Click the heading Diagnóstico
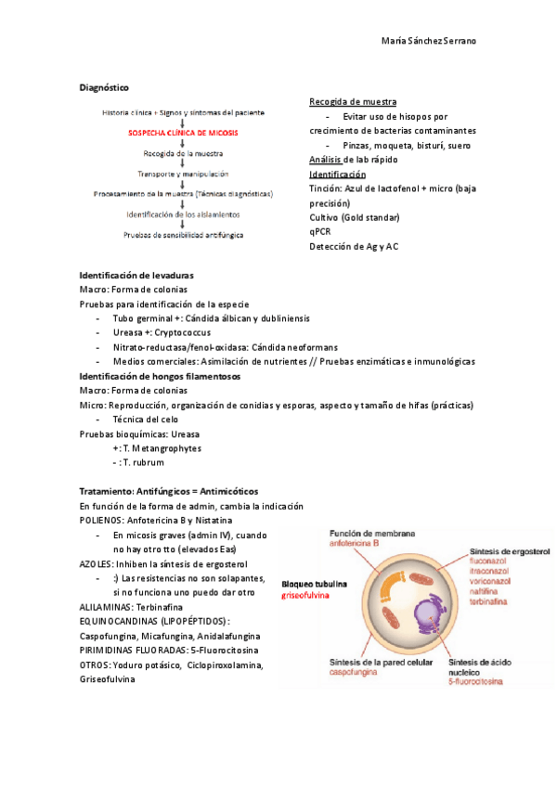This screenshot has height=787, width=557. [104, 86]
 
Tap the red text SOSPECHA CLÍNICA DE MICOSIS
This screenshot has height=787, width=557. [183, 133]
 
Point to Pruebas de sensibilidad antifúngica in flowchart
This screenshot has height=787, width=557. [183, 235]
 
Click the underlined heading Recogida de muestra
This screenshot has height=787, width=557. [353, 101]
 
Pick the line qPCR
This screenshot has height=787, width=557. [320, 232]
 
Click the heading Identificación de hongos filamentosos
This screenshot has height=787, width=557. [160, 376]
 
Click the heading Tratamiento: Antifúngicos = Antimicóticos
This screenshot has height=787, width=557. [169, 490]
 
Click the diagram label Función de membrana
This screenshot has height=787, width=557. [372, 534]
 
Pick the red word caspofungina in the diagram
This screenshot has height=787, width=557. [357, 673]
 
